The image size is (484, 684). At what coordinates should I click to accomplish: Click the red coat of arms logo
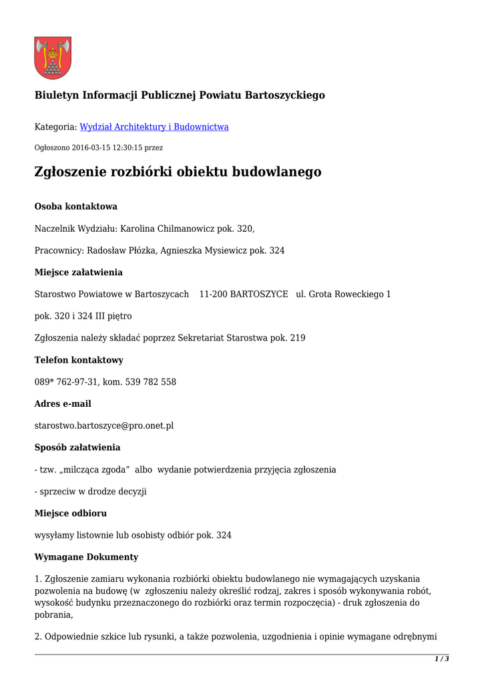pos(53,58)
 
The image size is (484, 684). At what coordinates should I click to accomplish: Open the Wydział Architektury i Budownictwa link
pos(154,127)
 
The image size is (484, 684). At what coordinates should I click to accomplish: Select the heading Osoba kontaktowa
pos(76,206)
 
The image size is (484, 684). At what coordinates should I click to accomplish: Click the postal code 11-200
pos(212,294)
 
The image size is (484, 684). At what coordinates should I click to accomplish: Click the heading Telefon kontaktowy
pos(79,360)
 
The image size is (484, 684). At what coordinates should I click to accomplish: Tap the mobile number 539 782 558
pos(151,382)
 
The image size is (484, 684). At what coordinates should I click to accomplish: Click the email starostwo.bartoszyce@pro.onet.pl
pos(104,425)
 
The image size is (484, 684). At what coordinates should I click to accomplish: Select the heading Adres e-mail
pos(63,403)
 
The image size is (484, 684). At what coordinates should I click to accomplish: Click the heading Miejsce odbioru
pos(71,513)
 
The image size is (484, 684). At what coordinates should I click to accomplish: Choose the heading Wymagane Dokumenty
pos(87,557)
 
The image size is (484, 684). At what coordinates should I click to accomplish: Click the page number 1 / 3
pos(441,659)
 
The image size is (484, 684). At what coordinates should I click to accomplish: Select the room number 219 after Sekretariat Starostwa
pos(297,338)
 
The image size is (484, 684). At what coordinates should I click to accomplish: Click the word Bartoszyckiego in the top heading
pos(285,95)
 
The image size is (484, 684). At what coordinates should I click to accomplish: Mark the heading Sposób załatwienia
pos(77,447)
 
